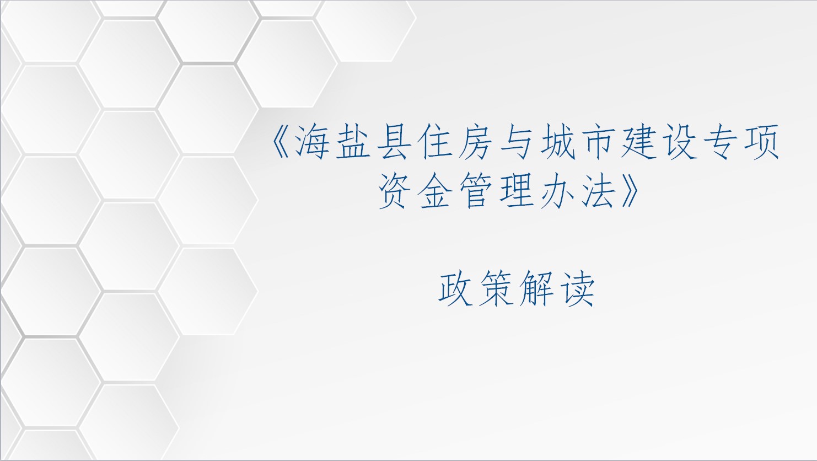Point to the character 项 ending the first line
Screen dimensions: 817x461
(x=760, y=142)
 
